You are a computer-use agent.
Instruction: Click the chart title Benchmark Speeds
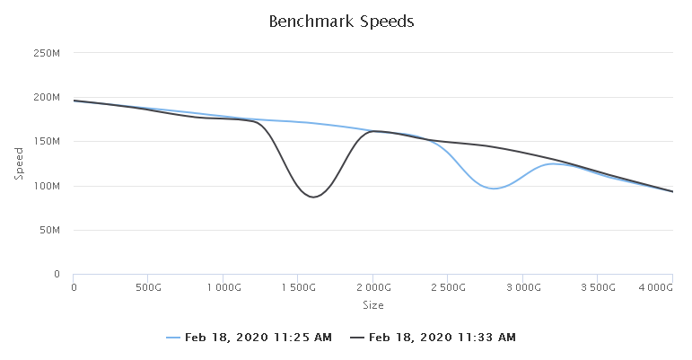click(341, 22)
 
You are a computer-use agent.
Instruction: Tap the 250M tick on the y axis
click(47, 53)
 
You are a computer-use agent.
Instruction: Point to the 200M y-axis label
click(47, 98)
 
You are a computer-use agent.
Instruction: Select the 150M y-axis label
click(47, 142)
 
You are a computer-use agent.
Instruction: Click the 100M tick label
click(47, 186)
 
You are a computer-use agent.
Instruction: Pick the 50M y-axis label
click(49, 230)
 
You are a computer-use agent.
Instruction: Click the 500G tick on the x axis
click(148, 287)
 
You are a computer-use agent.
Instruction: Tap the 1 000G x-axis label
click(223, 287)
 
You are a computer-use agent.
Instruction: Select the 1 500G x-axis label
click(299, 287)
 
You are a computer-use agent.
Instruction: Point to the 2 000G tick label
click(373, 287)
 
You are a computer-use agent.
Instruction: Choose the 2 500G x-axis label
click(449, 287)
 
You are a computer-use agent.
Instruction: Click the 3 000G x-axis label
click(523, 287)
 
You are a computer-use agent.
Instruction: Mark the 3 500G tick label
click(598, 287)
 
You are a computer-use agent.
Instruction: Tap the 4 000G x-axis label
click(655, 287)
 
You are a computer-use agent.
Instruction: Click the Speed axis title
click(19, 163)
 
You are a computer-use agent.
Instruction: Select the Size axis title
click(373, 305)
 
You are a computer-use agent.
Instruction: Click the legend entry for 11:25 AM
click(249, 338)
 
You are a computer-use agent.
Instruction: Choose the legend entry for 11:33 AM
click(433, 338)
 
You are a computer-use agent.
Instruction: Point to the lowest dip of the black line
click(313, 197)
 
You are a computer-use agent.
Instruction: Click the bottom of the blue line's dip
click(494, 189)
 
